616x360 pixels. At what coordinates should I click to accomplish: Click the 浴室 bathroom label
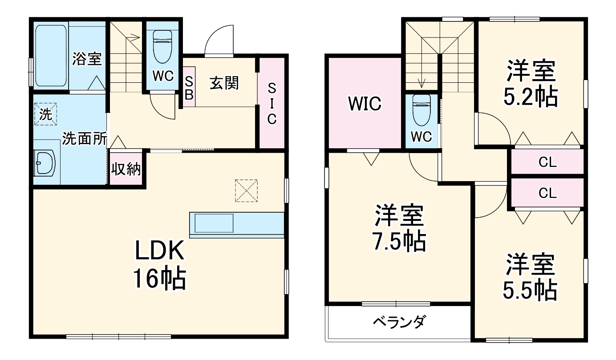[x=88, y=59]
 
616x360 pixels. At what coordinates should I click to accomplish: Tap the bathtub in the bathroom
[x=51, y=55]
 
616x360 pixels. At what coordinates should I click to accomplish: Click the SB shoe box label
[x=189, y=87]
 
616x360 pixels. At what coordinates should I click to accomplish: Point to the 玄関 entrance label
[x=224, y=83]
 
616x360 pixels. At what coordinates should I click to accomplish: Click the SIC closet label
[x=272, y=103]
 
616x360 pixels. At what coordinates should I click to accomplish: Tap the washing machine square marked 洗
[x=46, y=113]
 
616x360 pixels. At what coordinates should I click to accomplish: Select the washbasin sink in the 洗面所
[x=45, y=163]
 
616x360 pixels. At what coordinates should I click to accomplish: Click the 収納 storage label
[x=126, y=169]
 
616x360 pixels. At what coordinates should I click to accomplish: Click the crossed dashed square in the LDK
[x=246, y=190]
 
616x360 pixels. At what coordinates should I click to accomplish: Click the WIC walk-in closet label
[x=365, y=104]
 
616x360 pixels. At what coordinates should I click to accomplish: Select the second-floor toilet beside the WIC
[x=421, y=111]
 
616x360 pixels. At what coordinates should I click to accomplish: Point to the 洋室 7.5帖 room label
[x=399, y=228]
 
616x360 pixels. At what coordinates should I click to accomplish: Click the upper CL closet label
[x=547, y=162]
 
